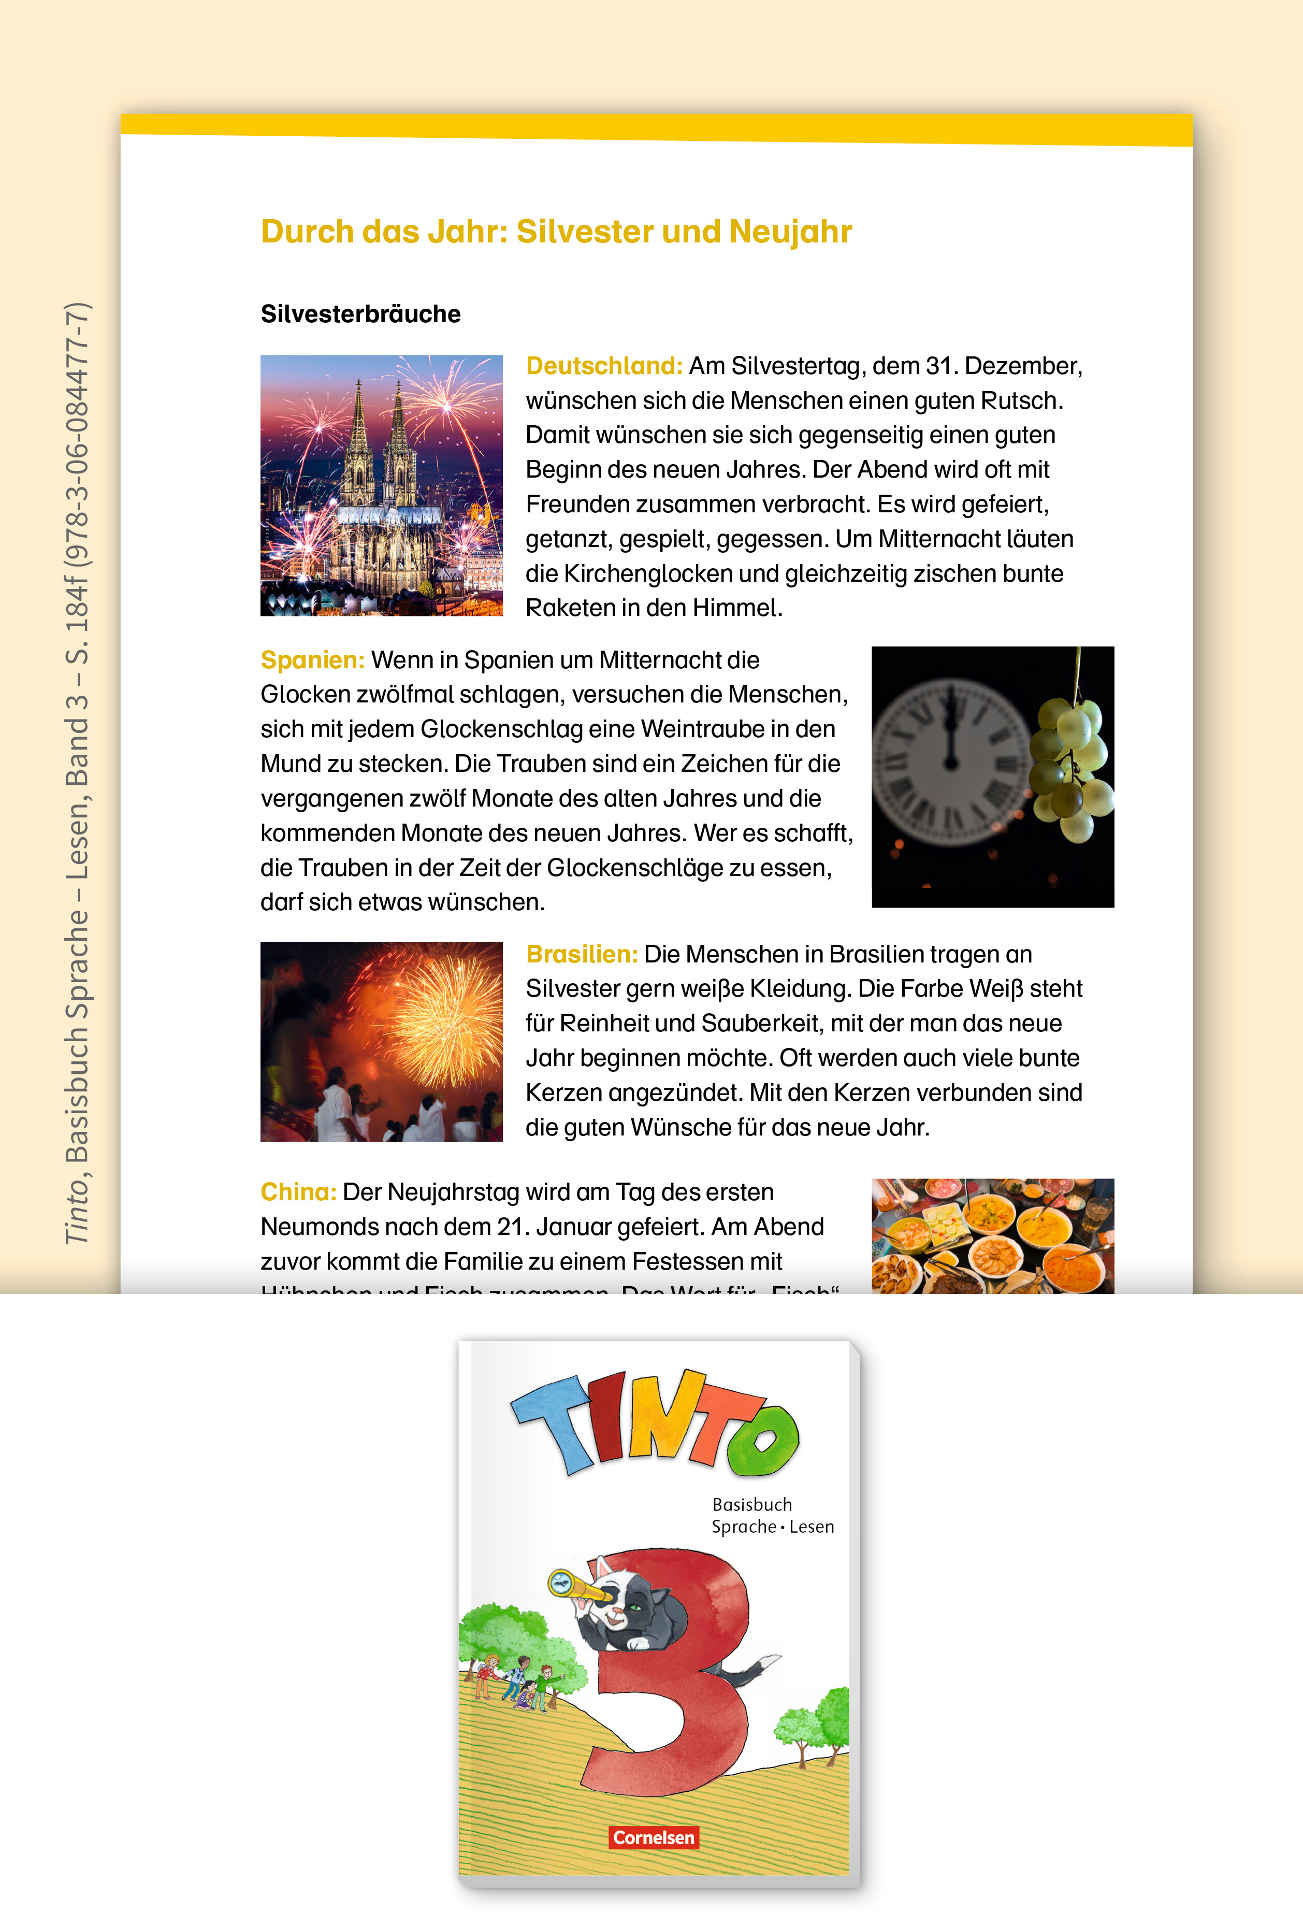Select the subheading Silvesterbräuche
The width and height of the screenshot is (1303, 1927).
[x=360, y=314]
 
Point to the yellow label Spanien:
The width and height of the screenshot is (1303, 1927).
[x=312, y=660]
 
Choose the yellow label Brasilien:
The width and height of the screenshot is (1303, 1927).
[x=581, y=954]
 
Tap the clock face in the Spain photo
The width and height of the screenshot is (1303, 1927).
[x=951, y=761]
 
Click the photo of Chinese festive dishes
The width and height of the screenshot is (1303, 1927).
[x=992, y=1235]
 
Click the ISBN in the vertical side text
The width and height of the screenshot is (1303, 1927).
[x=77, y=434]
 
